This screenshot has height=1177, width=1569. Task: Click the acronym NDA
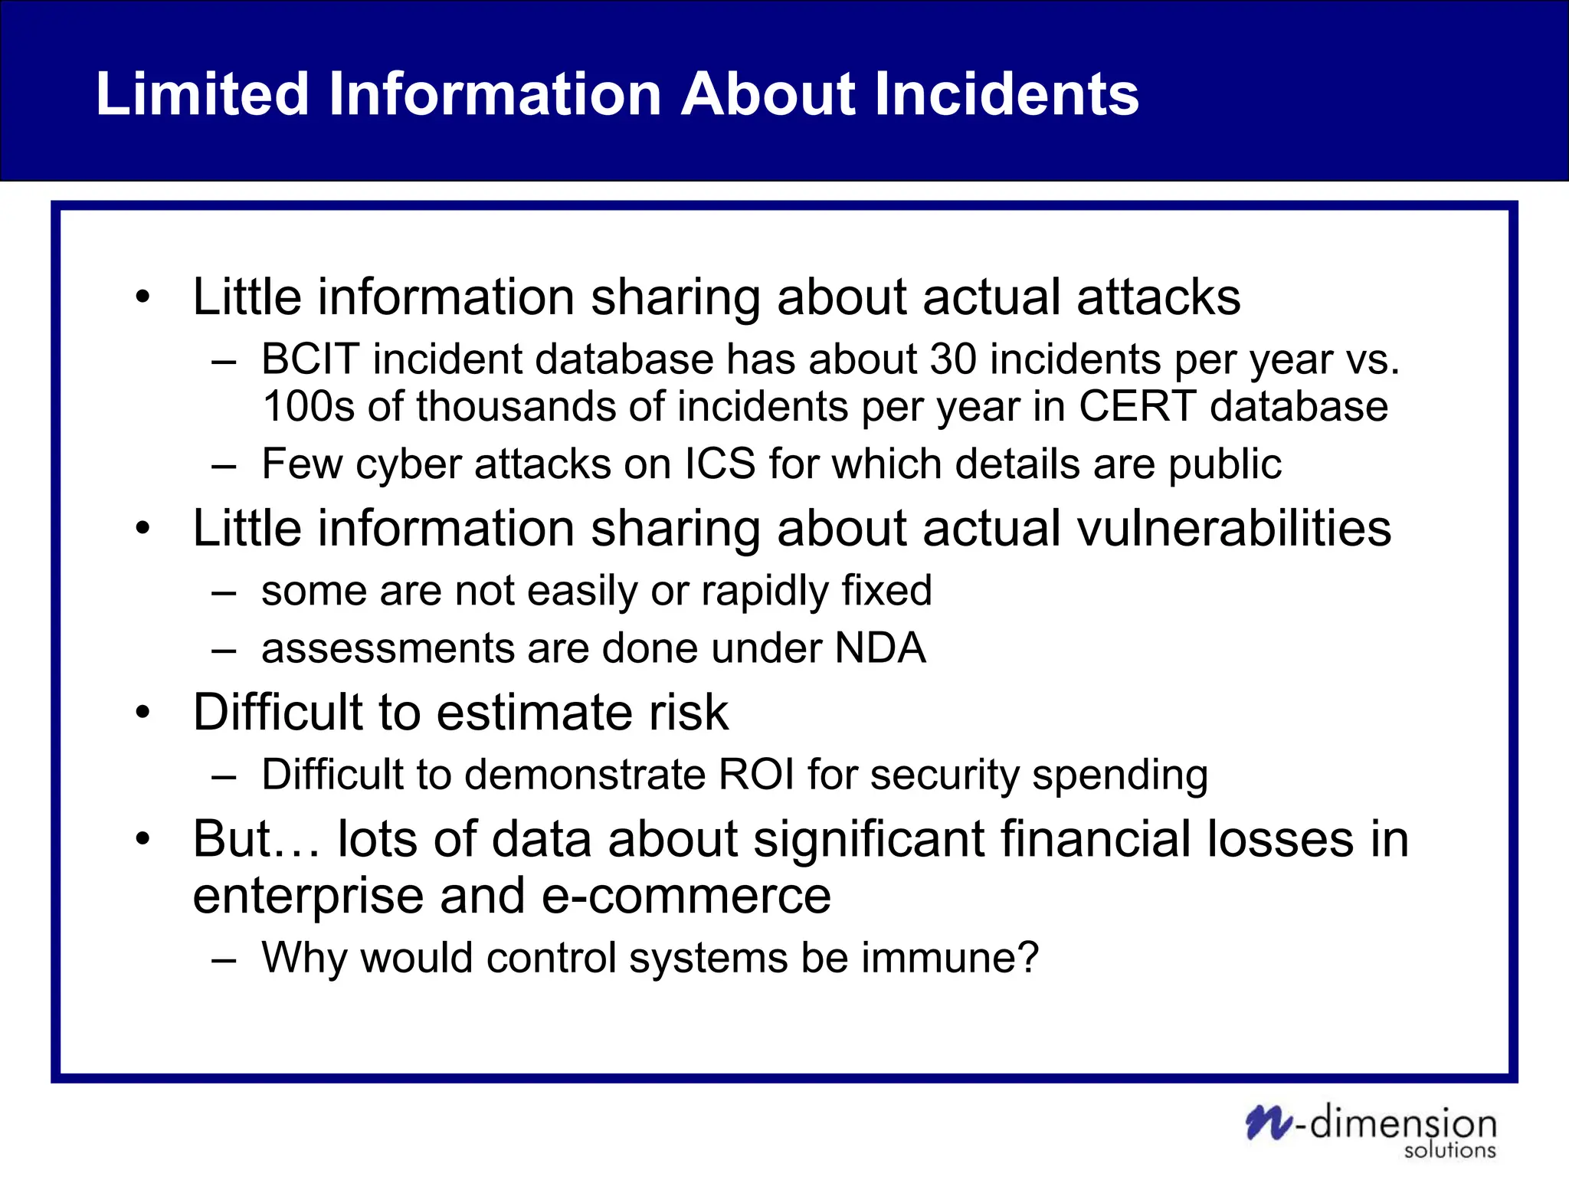[880, 648]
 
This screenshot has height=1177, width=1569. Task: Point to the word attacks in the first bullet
[1158, 297]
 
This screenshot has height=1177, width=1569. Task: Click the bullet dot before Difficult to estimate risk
[142, 713]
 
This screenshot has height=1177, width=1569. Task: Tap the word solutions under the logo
[1449, 1150]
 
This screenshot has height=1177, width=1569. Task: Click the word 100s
[309, 406]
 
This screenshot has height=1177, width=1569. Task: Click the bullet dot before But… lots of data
[142, 839]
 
